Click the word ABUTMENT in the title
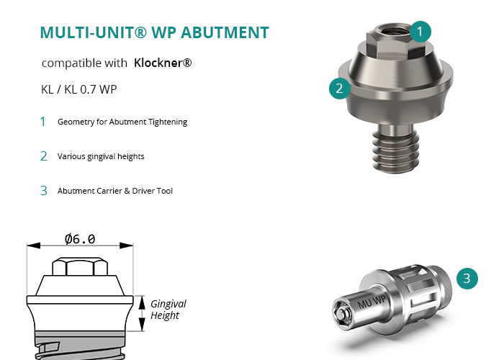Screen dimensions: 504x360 [x=225, y=32]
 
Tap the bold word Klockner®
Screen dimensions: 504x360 [x=163, y=63]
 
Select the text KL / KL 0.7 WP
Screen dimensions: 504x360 [x=78, y=89]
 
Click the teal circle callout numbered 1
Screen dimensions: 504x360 [x=420, y=32]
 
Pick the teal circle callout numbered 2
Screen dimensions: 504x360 [x=340, y=89]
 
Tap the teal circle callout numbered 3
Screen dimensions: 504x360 [x=467, y=279]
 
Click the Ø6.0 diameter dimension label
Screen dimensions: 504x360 [x=80, y=239]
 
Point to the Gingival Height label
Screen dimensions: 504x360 [x=168, y=309]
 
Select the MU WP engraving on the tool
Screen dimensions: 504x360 [x=372, y=302]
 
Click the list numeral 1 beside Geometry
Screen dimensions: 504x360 [x=42, y=122]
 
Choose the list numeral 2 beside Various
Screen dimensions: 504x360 [x=44, y=156]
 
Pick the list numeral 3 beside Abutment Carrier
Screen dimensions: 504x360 [x=44, y=191]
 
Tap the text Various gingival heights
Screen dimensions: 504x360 [x=101, y=156]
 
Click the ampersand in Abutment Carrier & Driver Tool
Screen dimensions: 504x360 [x=127, y=191]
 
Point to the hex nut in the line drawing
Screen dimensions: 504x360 [x=80, y=266]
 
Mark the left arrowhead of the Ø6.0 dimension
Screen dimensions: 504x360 [x=33, y=246]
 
